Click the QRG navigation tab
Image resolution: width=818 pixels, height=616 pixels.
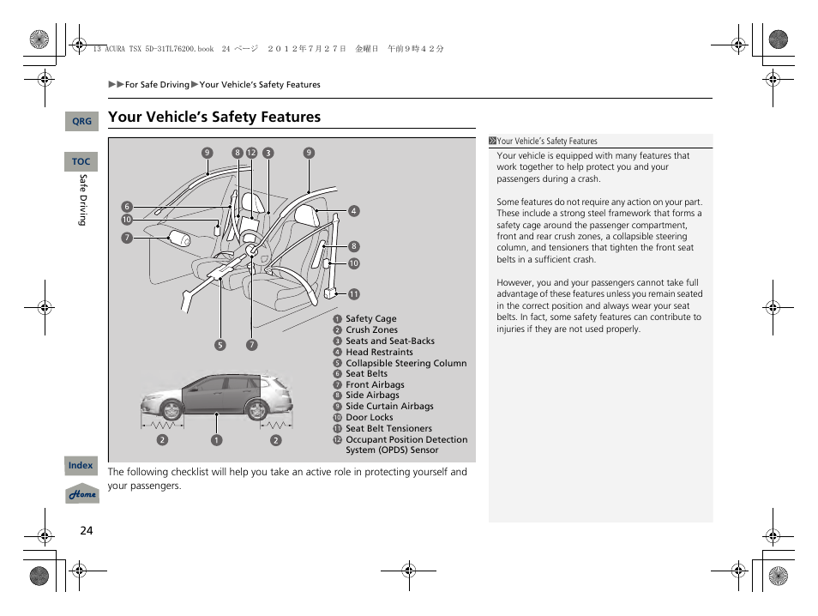click(x=81, y=122)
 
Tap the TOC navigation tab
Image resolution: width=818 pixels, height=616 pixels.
click(x=81, y=161)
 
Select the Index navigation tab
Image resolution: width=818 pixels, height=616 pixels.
click(x=81, y=465)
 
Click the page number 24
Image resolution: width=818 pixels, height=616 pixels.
click(x=86, y=530)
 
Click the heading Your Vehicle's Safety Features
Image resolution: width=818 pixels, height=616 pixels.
click(x=214, y=117)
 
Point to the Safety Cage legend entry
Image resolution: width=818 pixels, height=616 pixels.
click(x=370, y=319)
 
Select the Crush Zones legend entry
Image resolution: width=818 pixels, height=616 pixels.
click(x=371, y=329)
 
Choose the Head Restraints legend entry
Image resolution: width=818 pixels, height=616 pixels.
click(x=379, y=352)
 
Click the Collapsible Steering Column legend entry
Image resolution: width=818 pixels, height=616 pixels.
click(x=406, y=363)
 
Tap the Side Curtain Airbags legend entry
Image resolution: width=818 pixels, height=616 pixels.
click(x=389, y=407)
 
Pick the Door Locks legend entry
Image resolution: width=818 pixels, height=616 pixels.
click(x=369, y=418)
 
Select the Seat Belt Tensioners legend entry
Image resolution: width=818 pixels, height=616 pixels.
click(x=388, y=429)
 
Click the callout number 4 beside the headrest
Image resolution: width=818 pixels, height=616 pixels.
click(x=353, y=211)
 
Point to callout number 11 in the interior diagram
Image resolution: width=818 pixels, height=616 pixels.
click(x=353, y=294)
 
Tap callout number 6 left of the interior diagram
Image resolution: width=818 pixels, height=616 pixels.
click(x=126, y=207)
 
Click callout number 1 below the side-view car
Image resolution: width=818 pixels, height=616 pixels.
click(x=217, y=441)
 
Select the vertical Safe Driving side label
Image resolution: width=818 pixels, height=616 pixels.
click(x=83, y=200)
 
